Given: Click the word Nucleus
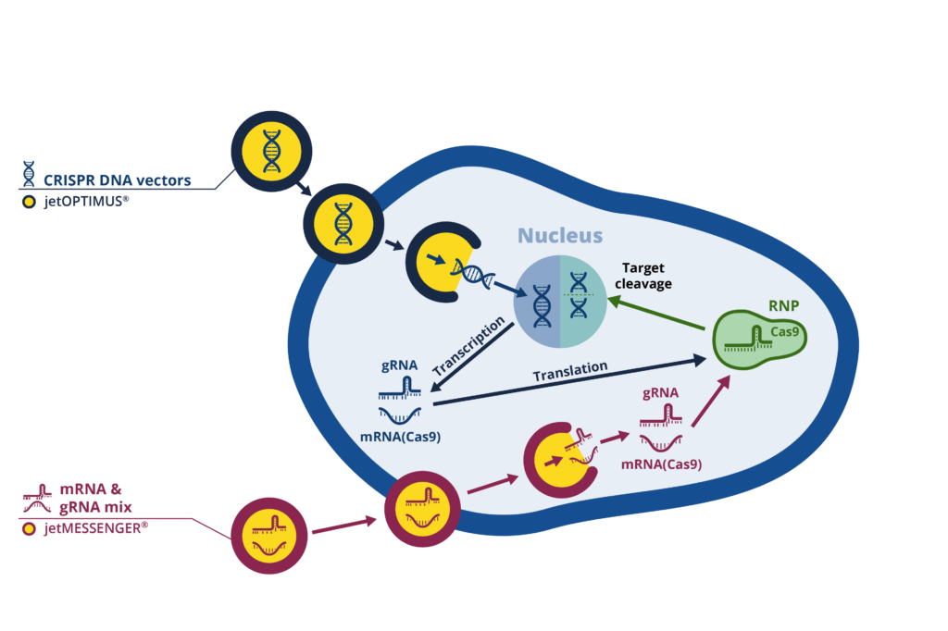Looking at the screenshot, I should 559,236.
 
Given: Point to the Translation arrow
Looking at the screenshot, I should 568,382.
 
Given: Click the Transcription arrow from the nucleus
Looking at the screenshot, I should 473,355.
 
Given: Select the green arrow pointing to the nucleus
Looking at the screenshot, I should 661,315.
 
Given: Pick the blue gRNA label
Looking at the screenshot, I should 400,365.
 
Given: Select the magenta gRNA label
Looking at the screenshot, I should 661,392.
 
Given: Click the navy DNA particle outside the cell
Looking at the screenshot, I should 271,151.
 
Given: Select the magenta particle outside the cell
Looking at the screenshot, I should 269,536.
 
